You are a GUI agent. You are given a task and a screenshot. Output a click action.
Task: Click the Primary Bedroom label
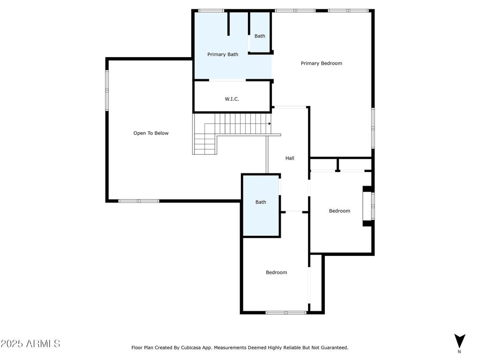[x=322, y=63]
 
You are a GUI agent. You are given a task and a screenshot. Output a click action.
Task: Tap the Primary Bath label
[x=223, y=54]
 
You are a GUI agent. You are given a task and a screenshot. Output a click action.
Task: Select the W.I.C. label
[x=232, y=99]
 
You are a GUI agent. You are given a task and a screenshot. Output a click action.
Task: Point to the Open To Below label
[x=151, y=133]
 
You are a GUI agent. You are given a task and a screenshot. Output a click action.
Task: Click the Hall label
[x=290, y=158]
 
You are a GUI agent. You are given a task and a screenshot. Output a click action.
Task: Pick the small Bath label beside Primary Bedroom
[x=260, y=36]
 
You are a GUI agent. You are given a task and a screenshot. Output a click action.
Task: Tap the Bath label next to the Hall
[x=261, y=202]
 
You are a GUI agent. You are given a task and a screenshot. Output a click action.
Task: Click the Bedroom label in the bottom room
[x=277, y=272]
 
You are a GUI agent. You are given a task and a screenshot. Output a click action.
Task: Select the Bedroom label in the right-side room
[x=339, y=211]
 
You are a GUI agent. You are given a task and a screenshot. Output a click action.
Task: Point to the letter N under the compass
[x=459, y=352]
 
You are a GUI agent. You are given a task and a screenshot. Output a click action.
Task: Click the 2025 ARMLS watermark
[x=30, y=344]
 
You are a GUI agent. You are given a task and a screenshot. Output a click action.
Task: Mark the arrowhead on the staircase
[x=270, y=124]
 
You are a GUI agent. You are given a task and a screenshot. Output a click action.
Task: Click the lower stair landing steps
[x=205, y=144]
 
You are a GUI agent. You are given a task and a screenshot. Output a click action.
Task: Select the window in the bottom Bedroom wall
[x=286, y=313]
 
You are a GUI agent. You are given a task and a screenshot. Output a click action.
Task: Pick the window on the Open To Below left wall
[x=107, y=90]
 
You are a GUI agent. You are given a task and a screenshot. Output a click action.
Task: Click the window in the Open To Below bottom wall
[x=139, y=201]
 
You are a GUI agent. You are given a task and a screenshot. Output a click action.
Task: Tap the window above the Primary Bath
[x=211, y=11]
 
